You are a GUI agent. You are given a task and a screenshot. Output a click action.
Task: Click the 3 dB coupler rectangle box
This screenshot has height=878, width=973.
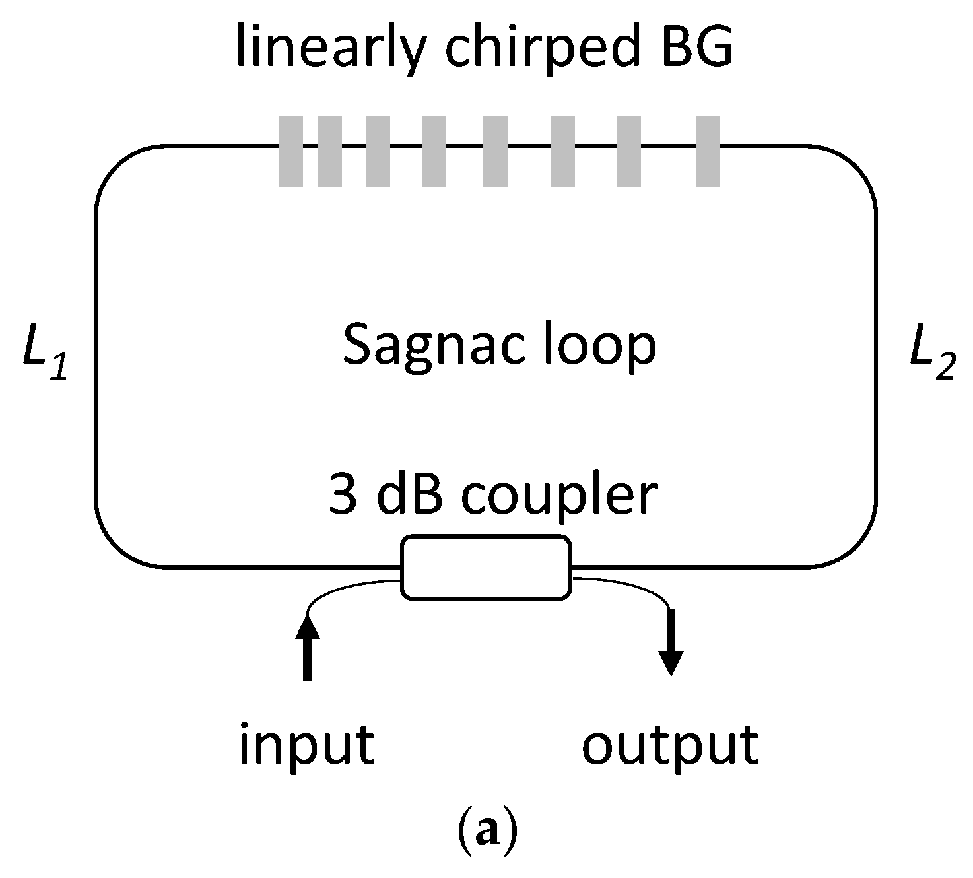tap(486, 567)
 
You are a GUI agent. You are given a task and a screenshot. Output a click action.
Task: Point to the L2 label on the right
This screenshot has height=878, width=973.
tap(931, 362)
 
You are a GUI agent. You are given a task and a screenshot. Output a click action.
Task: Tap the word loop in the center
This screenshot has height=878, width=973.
tap(599, 347)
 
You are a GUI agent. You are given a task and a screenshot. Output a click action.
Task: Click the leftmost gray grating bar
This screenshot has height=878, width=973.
tap(290, 151)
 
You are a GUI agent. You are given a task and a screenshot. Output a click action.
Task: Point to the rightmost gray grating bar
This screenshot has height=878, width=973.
tap(708, 151)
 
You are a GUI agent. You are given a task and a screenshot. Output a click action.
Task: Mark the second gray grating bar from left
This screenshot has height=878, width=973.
tap(330, 151)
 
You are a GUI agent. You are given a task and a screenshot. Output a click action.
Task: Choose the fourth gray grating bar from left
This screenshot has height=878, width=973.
tap(434, 151)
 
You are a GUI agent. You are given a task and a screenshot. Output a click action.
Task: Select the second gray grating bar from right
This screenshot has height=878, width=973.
tap(628, 151)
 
